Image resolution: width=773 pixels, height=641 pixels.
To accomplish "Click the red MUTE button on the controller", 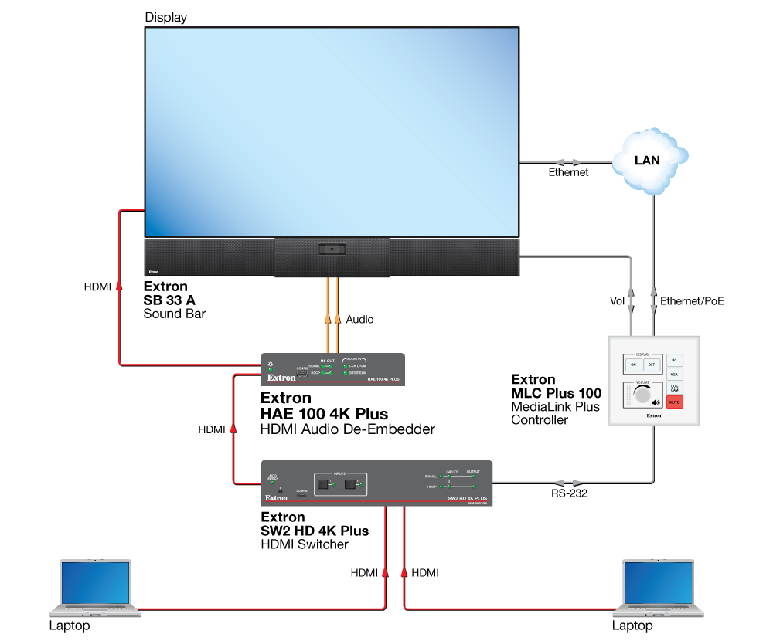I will pyautogui.click(x=675, y=402).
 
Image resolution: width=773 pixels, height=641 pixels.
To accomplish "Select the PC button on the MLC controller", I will pyautogui.click(x=675, y=361).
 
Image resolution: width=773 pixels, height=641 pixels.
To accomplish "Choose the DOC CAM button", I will pyautogui.click(x=675, y=388).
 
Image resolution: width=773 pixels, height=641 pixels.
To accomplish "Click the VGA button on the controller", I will pyautogui.click(x=675, y=375).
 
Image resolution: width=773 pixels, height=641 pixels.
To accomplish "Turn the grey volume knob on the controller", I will pyautogui.click(x=642, y=395).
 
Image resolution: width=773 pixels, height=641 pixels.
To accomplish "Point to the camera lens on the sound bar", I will pyautogui.click(x=332, y=249).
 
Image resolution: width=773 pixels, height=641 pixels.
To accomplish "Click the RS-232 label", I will pyautogui.click(x=570, y=494).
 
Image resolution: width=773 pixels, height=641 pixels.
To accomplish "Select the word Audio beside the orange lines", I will pyautogui.click(x=359, y=318).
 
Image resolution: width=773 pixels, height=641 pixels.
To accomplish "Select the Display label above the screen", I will pyautogui.click(x=165, y=17).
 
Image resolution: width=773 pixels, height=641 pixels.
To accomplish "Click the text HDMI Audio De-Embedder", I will pyautogui.click(x=348, y=429).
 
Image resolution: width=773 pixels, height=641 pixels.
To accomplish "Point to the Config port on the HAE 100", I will pyautogui.click(x=302, y=374).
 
